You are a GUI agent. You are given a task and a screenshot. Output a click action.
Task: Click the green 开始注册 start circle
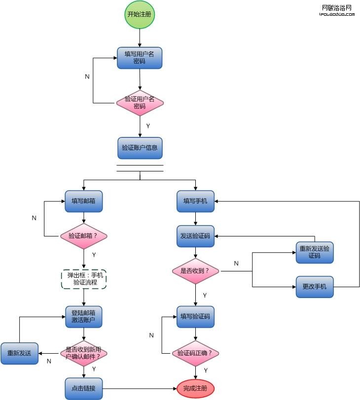[140, 14]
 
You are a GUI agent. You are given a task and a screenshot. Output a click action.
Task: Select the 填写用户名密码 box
[140, 58]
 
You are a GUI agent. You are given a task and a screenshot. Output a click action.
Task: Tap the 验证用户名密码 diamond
[140, 102]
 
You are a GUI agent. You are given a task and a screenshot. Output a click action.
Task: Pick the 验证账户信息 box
[140, 148]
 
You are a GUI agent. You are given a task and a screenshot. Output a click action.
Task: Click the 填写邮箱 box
[84, 201]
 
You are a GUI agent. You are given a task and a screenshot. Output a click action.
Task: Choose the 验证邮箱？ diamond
[84, 236]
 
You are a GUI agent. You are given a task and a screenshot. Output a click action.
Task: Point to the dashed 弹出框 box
[84, 279]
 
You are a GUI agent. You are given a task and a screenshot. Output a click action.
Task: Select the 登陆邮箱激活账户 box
[84, 317]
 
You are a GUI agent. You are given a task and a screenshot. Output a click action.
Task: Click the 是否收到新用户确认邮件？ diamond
[84, 353]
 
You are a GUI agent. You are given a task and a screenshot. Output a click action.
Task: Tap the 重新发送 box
[19, 353]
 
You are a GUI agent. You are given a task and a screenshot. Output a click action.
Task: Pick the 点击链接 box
[84, 389]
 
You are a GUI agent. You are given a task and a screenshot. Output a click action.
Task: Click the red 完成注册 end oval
[196, 389]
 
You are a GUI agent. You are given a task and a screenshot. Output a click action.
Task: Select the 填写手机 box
[196, 201]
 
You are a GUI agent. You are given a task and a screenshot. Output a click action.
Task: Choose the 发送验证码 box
[196, 236]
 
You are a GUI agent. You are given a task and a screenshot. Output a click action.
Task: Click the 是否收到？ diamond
[196, 271]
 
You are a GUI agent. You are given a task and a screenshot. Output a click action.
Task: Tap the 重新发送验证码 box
[315, 252]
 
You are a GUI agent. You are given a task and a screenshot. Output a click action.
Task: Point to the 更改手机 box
[315, 287]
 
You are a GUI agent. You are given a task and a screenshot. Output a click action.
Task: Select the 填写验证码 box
[196, 317]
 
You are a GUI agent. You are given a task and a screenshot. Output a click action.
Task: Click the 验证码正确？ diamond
[196, 353]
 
